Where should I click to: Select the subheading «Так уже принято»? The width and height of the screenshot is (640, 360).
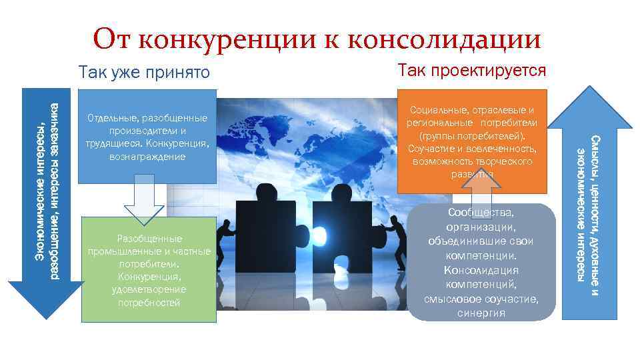point(143,72)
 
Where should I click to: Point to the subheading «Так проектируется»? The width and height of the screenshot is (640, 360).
point(471,70)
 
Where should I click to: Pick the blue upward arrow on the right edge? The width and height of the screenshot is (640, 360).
point(587,200)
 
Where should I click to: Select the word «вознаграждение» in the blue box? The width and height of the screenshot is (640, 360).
point(147,156)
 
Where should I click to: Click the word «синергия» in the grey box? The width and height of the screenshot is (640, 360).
point(481,313)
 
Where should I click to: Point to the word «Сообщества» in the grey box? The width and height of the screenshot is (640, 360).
point(481,213)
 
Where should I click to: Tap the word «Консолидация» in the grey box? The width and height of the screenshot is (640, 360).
point(481,271)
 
